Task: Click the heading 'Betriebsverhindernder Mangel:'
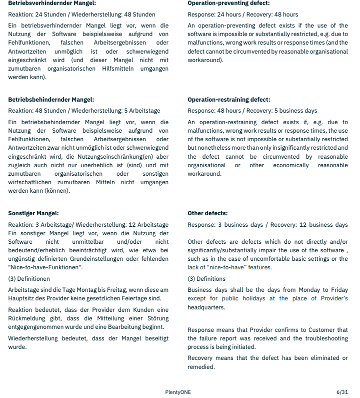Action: (x=51, y=3)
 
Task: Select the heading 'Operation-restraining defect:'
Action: (x=228, y=100)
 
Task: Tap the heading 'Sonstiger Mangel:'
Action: (x=33, y=213)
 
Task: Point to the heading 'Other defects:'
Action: (x=207, y=213)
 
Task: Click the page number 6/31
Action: (x=342, y=392)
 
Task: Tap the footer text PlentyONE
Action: (x=178, y=392)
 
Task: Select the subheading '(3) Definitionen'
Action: (x=29, y=279)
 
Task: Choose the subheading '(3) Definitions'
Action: (x=206, y=279)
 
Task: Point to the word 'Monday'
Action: (x=312, y=290)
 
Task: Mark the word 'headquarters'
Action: (x=207, y=307)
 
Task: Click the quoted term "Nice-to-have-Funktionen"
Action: (x=45, y=267)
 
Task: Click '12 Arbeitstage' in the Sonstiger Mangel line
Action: (x=148, y=225)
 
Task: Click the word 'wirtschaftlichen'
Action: (x=31, y=182)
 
